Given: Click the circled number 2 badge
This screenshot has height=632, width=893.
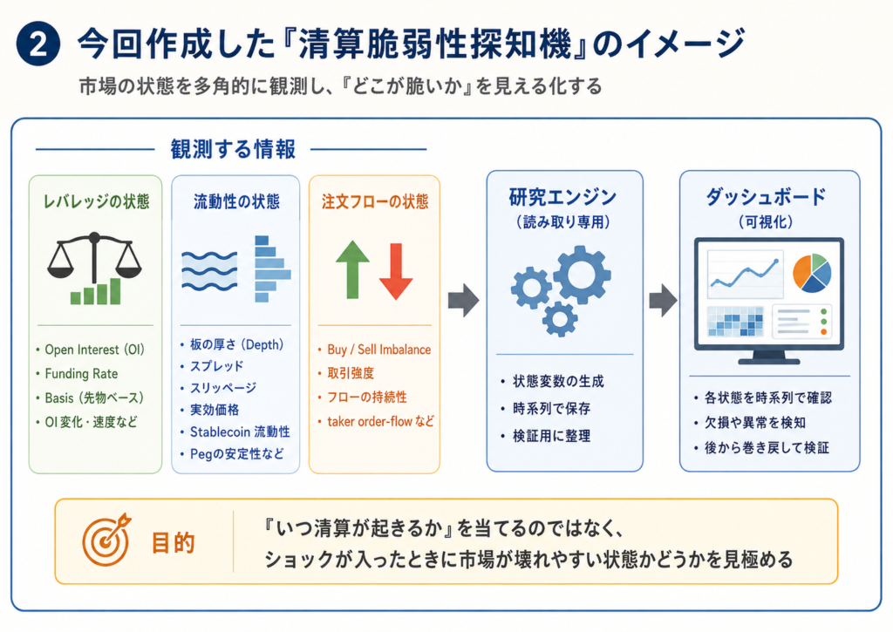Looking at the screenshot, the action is tap(38, 44).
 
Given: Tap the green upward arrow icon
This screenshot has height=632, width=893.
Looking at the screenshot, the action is tap(352, 269).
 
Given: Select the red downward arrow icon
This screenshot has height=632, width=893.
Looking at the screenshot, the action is tap(396, 271).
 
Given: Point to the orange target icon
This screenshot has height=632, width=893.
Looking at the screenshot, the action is tap(106, 540).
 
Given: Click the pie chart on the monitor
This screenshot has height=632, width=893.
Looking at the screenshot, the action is tap(812, 273).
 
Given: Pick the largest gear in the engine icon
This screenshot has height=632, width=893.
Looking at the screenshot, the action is tap(582, 275).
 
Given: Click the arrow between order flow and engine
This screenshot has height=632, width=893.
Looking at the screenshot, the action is tap(463, 300).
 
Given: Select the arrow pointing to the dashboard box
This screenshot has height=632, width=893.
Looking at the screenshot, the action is tap(663, 300).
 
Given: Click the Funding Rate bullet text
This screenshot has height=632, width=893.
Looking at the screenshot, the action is tap(81, 374).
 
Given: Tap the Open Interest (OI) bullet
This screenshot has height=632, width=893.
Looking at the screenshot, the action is tap(94, 350).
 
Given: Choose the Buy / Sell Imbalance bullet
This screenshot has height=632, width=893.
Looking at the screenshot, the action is tap(378, 350).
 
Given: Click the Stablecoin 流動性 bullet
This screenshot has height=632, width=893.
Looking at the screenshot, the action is tap(240, 432).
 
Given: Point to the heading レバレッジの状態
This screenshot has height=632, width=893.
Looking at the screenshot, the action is tap(96, 201).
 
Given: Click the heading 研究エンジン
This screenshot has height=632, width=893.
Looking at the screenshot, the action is tap(562, 198).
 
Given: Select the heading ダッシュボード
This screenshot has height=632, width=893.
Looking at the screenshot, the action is tap(766, 198).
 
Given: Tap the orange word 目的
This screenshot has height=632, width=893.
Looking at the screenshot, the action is tap(174, 543).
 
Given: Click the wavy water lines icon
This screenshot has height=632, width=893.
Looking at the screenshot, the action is tap(209, 270).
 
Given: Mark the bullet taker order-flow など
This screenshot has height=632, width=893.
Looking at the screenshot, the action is tap(380, 421).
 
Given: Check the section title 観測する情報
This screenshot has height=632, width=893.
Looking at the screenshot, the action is tap(233, 149).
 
